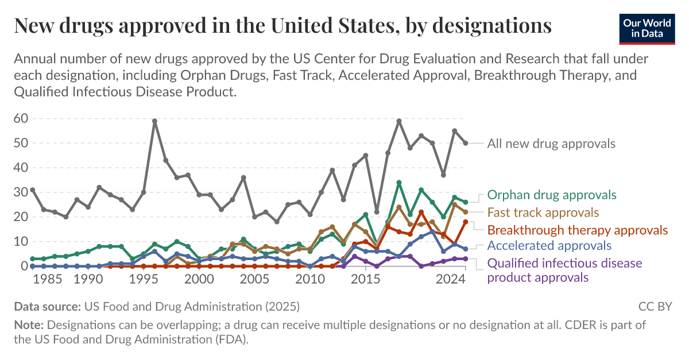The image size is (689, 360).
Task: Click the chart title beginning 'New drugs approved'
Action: (282, 26)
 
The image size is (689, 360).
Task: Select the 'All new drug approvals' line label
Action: (551, 144)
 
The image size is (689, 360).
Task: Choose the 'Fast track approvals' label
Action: (543, 212)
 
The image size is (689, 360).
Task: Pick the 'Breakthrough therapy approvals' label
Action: (578, 230)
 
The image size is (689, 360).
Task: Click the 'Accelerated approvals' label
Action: (549, 246)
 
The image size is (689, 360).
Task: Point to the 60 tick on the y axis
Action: (21, 119)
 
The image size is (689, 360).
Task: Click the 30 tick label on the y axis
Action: (21, 192)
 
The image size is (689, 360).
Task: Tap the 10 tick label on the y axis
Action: (21, 242)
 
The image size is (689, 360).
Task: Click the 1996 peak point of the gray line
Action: (154, 121)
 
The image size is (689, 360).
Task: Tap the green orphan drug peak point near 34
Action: (399, 183)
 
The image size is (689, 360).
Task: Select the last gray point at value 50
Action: (466, 143)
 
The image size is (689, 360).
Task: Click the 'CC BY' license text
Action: (655, 306)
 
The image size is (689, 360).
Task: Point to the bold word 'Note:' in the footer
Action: (29, 325)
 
